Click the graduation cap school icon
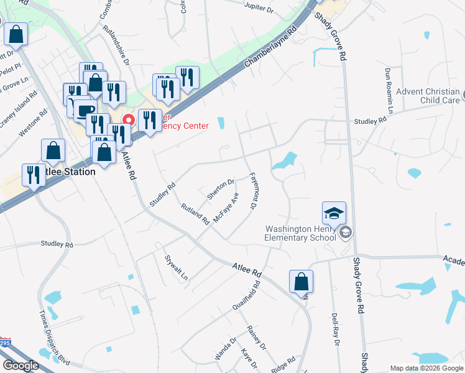(334, 213)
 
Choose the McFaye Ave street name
(226, 208)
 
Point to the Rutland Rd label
(195, 213)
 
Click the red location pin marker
(129, 119)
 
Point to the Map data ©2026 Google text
(426, 368)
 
